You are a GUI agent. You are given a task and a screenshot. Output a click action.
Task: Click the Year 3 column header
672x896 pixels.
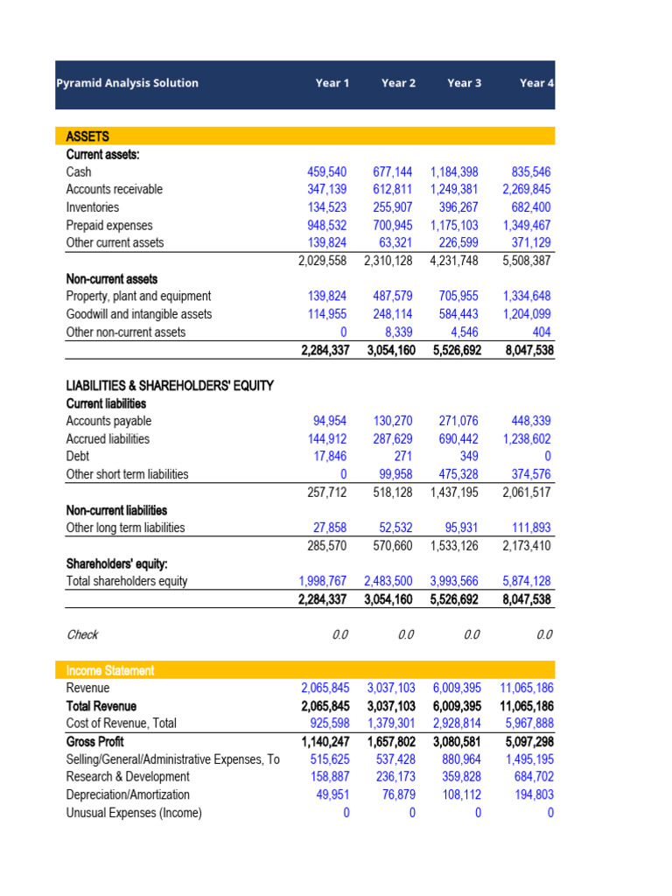tap(464, 83)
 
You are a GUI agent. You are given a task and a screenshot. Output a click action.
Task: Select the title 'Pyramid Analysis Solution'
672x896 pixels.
tap(127, 83)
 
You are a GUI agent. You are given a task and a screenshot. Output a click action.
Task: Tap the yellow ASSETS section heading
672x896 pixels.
tap(87, 136)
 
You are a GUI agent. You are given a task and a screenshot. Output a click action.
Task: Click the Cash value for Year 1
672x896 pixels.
tap(324, 172)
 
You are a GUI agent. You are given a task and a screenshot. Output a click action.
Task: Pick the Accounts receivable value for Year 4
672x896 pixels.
tap(527, 190)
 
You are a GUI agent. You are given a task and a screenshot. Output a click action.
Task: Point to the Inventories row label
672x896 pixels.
tap(93, 207)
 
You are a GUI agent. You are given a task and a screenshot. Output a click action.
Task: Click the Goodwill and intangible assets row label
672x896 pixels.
tap(138, 314)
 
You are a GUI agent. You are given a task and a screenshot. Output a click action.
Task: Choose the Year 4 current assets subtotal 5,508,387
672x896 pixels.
tap(527, 261)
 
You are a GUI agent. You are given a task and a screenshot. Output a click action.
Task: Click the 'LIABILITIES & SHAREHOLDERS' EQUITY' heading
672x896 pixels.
tap(170, 386)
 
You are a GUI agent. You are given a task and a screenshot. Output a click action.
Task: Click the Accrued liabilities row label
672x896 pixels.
tap(108, 439)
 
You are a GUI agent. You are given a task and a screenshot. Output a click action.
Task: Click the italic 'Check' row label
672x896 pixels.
tap(82, 634)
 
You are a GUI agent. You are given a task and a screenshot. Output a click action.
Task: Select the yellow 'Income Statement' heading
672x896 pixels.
tap(110, 670)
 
